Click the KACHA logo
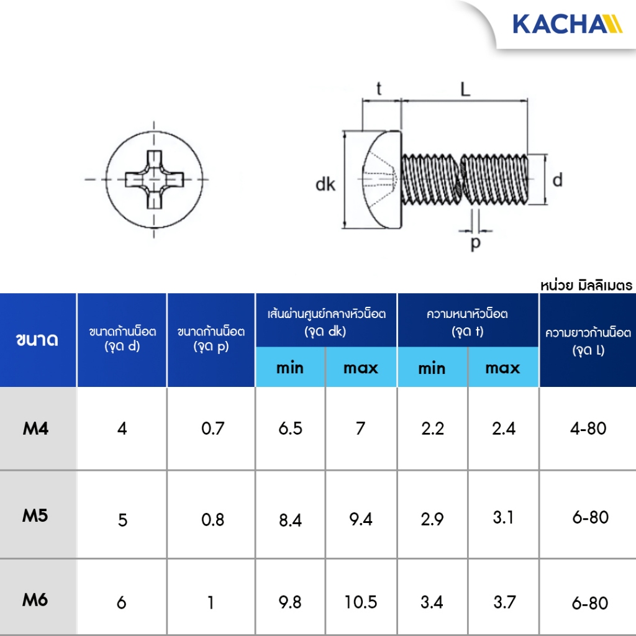pos(568,24)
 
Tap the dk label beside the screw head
pos(325,184)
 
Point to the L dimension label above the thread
pos(465,89)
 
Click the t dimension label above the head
pos(379,88)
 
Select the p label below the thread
pos(476,243)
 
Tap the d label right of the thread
pos(558,179)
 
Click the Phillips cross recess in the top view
pos(154,179)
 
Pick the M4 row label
pos(35,429)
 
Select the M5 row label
pos(35,516)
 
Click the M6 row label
pos(35,600)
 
